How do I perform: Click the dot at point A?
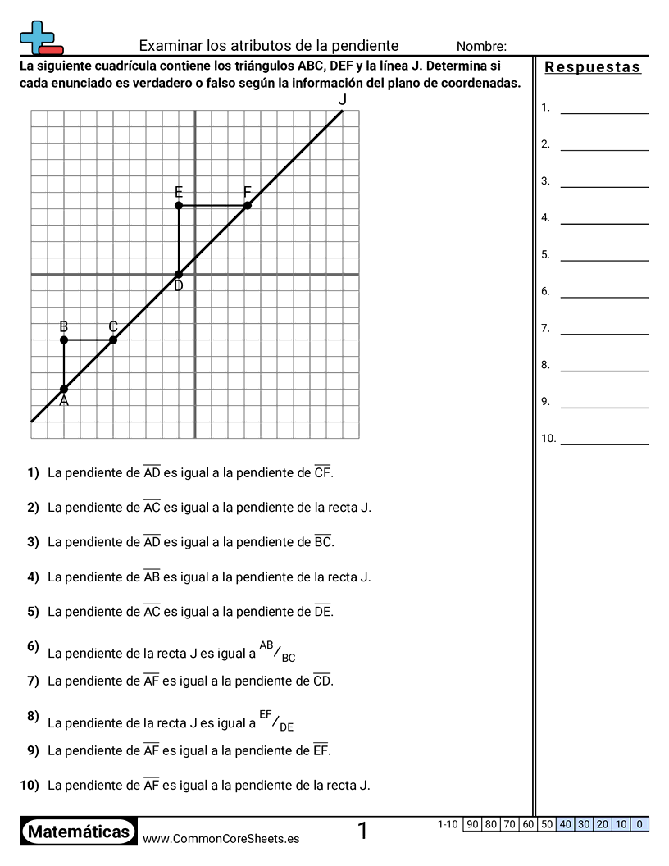click(x=64, y=389)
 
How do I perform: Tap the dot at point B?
click(x=64, y=340)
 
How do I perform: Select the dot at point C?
click(x=113, y=340)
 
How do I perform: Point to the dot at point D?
click(x=179, y=274)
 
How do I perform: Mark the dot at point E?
click(x=179, y=205)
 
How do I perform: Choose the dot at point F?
click(x=248, y=205)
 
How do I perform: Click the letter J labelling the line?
click(x=343, y=100)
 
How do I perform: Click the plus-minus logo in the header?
click(x=40, y=38)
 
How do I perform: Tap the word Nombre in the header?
click(x=481, y=47)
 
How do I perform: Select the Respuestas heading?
click(x=593, y=67)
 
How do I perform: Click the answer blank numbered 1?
click(x=604, y=107)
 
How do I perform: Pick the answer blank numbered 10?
click(x=604, y=439)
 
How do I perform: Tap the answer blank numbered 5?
click(x=604, y=254)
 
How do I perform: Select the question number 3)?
click(x=33, y=542)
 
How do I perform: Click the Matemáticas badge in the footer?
click(x=79, y=832)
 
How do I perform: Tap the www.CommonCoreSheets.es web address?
click(x=221, y=838)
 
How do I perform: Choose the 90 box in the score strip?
click(x=471, y=824)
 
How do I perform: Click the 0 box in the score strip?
click(x=639, y=824)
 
